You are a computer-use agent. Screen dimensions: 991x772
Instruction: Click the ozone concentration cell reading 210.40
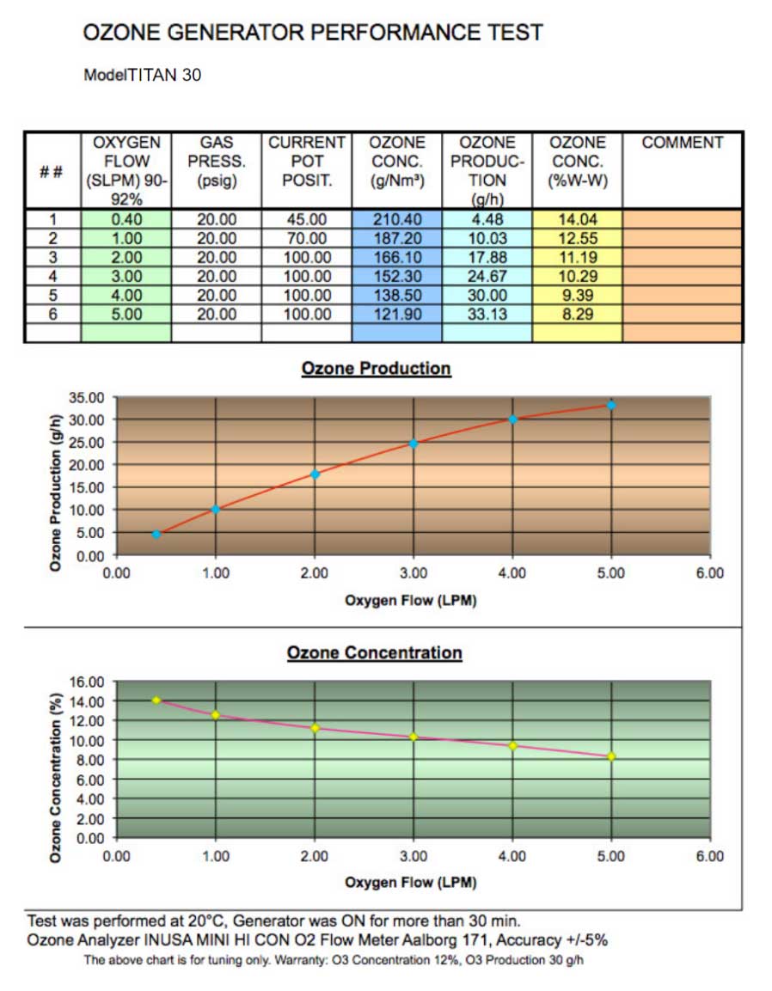[395, 219]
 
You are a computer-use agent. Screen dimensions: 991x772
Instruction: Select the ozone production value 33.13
[487, 315]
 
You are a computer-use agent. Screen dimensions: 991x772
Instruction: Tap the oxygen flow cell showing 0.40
[126, 219]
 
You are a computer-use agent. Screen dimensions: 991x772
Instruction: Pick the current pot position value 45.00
[306, 219]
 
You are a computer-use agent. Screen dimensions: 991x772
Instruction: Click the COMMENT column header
[683, 144]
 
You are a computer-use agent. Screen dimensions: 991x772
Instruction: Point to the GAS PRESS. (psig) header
[216, 161]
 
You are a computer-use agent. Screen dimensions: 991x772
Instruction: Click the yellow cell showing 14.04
[577, 219]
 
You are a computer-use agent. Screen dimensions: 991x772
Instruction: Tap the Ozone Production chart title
[376, 369]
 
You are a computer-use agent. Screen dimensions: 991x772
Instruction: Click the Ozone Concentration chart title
[374, 653]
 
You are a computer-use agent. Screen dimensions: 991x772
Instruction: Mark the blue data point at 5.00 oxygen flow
[611, 405]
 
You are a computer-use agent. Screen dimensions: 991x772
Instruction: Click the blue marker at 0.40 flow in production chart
[156, 535]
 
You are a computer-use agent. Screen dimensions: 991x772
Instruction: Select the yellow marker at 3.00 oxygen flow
[414, 737]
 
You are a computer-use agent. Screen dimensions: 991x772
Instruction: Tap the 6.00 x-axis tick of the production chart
[709, 573]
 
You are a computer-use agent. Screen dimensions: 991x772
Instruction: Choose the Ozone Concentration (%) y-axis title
[54, 760]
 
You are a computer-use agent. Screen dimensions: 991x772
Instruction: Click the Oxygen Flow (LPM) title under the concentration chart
[410, 883]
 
